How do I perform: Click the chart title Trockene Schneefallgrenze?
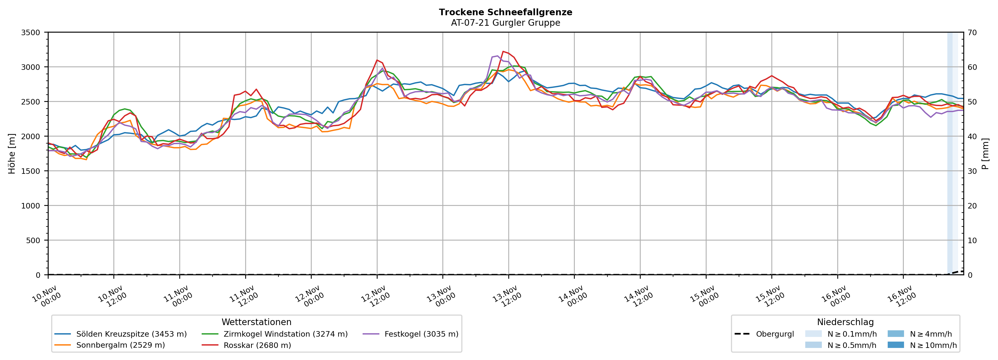[x=505, y=12]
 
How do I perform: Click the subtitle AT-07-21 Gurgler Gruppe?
[x=505, y=23]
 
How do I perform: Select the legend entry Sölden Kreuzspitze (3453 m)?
[x=131, y=334]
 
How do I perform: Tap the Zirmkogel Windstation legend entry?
[x=285, y=334]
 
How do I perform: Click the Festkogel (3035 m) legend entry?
[x=421, y=334]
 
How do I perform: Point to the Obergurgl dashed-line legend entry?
[x=775, y=334]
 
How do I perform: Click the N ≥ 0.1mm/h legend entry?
[x=851, y=334]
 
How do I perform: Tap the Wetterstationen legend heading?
[x=257, y=322]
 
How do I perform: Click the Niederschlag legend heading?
[x=845, y=322]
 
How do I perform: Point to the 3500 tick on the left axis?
[x=31, y=33]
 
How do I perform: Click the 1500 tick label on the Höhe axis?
[x=31, y=171]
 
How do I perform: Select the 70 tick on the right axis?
[x=972, y=33]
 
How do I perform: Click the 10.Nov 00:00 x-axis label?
[x=46, y=297]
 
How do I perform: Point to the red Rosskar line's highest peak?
[x=503, y=51]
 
